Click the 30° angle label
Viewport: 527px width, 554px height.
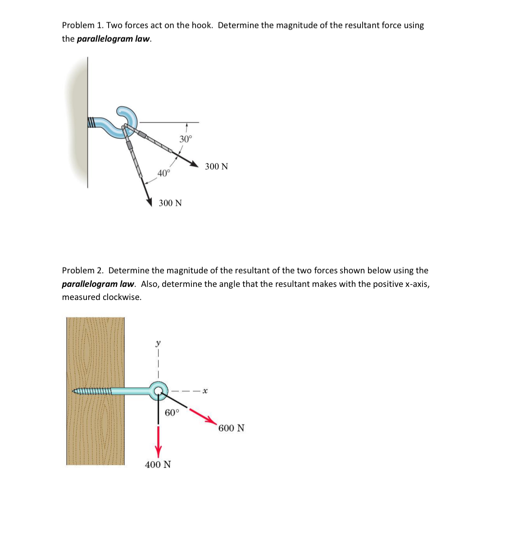click(x=186, y=139)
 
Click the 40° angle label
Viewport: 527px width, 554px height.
click(x=164, y=173)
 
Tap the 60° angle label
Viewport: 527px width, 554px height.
click(x=172, y=413)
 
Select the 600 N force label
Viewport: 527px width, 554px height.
click(x=231, y=428)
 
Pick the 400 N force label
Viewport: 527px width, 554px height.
click(x=158, y=464)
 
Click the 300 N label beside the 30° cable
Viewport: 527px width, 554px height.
click(x=216, y=167)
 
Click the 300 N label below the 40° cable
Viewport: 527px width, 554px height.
click(x=170, y=203)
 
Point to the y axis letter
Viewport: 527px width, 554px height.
click(x=158, y=343)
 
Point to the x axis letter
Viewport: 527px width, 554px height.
click(x=204, y=391)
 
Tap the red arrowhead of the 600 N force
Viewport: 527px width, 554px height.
click(x=212, y=420)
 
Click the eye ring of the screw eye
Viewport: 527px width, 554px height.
click(x=159, y=390)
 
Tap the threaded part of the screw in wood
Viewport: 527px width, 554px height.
click(x=92, y=391)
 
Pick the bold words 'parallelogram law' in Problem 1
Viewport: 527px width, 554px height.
click(x=114, y=39)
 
